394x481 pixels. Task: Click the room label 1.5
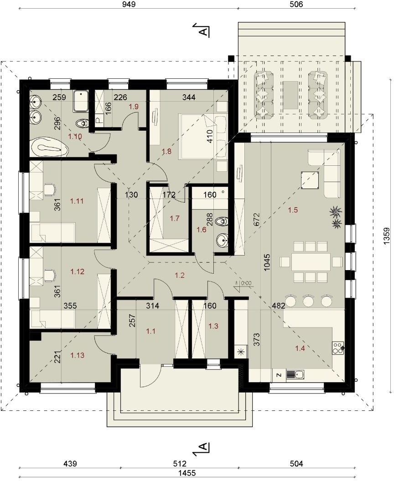coord(293,210)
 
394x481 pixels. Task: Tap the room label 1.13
coord(77,355)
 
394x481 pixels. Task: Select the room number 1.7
coord(175,219)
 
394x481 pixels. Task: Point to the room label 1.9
coord(134,107)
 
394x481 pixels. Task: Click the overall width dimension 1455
coord(187,473)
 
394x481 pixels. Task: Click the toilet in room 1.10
coord(81,123)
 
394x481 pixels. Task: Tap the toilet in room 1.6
coord(222,221)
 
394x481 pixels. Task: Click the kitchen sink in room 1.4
coord(295,374)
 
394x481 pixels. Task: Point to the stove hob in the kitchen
coord(338,348)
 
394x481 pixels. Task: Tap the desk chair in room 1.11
coord(50,189)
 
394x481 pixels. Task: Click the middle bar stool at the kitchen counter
coord(308,301)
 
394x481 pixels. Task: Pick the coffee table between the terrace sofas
coord(290,95)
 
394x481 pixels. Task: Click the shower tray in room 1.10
coord(81,101)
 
